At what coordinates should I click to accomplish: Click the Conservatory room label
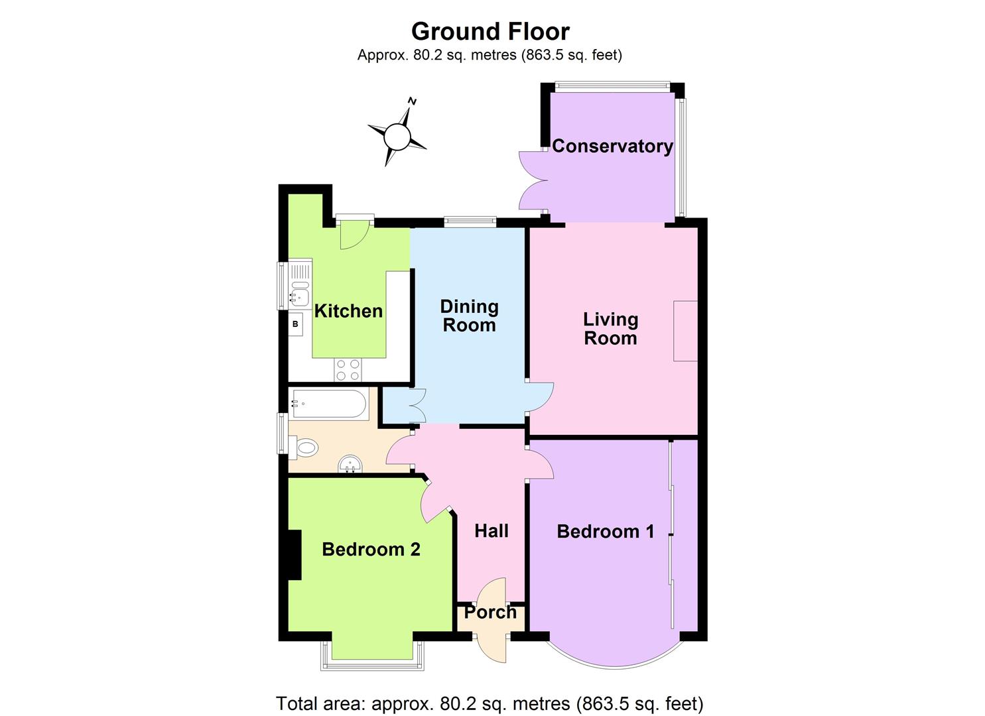point(612,146)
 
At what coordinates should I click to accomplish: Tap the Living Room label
point(610,329)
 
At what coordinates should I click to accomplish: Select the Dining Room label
point(469,316)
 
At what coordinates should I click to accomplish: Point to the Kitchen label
point(348,311)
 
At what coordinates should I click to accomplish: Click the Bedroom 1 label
point(606,531)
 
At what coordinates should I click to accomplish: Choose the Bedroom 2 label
point(371,549)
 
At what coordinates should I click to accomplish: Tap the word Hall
point(492,530)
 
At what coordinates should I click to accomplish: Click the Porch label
point(490,612)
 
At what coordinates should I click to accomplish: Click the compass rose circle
point(397,137)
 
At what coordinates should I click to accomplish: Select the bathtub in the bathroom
point(329,404)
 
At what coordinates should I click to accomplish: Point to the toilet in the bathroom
point(303,447)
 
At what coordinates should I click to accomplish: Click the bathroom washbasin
point(350,464)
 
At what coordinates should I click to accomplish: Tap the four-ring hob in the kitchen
point(348,370)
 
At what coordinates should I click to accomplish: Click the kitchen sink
point(300,293)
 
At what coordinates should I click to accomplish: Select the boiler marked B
point(296,324)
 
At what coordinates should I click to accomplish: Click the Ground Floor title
point(490,31)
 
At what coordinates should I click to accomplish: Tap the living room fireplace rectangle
point(685,331)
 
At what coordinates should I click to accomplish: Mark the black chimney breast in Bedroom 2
point(294,555)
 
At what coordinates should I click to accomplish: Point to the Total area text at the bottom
point(490,703)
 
